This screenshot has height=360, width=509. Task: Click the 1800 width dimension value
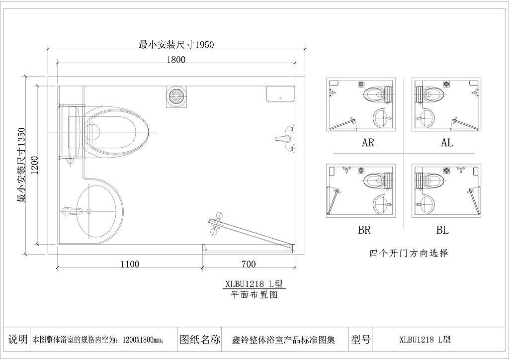(x=176, y=60)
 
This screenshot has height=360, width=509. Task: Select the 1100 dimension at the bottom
(x=130, y=264)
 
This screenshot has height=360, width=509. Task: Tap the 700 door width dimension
(x=249, y=264)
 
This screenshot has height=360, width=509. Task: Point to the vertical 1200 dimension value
(x=35, y=165)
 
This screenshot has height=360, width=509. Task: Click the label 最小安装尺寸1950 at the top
(x=176, y=44)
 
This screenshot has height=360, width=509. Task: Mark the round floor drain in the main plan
(x=176, y=96)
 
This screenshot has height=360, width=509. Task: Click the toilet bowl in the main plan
(x=116, y=132)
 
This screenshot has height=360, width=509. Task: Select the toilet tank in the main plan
(x=71, y=132)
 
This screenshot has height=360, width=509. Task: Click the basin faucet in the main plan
(x=72, y=211)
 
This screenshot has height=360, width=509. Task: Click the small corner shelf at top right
(x=280, y=94)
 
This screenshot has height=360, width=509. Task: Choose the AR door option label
(x=368, y=142)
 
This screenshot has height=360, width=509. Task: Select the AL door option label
(x=447, y=142)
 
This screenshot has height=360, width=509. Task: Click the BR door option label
(x=364, y=230)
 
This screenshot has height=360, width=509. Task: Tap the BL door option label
(x=442, y=230)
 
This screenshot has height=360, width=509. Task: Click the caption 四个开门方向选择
(x=409, y=253)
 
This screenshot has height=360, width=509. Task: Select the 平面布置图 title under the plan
(x=254, y=295)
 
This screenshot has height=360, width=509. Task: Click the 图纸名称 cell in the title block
(x=200, y=340)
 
